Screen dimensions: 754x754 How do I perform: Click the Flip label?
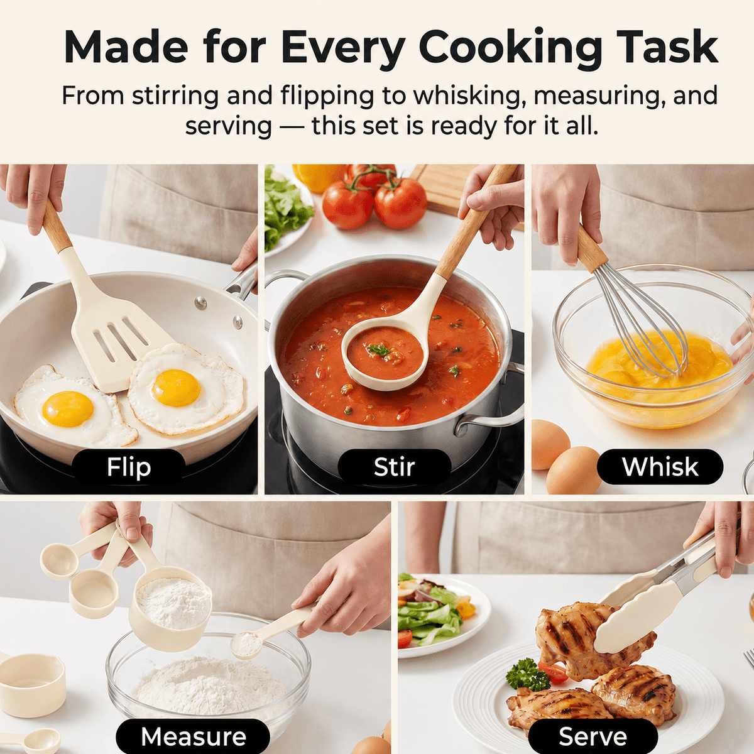(128, 467)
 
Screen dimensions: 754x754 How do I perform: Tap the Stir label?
(394, 467)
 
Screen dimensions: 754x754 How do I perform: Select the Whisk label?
(660, 467)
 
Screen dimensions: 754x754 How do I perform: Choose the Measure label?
(194, 736)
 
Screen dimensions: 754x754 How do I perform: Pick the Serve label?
(593, 736)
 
